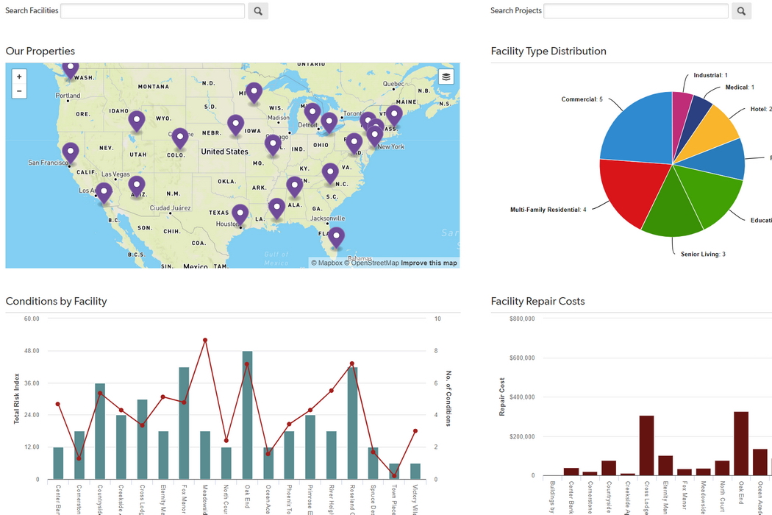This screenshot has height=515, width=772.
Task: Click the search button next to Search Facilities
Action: click(x=257, y=11)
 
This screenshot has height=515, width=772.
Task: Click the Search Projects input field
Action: click(x=635, y=11)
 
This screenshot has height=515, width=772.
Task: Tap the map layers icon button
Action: click(x=446, y=77)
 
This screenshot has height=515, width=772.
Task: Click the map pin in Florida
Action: click(x=336, y=237)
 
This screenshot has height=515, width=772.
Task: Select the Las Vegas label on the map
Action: click(x=115, y=174)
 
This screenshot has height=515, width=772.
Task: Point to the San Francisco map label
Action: click(x=48, y=163)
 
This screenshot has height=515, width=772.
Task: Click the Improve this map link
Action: click(x=429, y=263)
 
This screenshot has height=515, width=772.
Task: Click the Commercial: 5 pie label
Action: click(x=582, y=99)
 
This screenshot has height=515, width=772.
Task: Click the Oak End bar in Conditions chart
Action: click(x=247, y=415)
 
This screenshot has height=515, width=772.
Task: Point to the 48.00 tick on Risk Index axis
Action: click(x=32, y=351)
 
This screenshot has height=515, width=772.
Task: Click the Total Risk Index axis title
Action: click(x=16, y=398)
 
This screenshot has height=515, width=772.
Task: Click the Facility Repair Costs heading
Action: click(x=537, y=301)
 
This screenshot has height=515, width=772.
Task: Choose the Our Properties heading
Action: click(x=40, y=51)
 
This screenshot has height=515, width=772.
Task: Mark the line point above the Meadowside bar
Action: click(x=205, y=340)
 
